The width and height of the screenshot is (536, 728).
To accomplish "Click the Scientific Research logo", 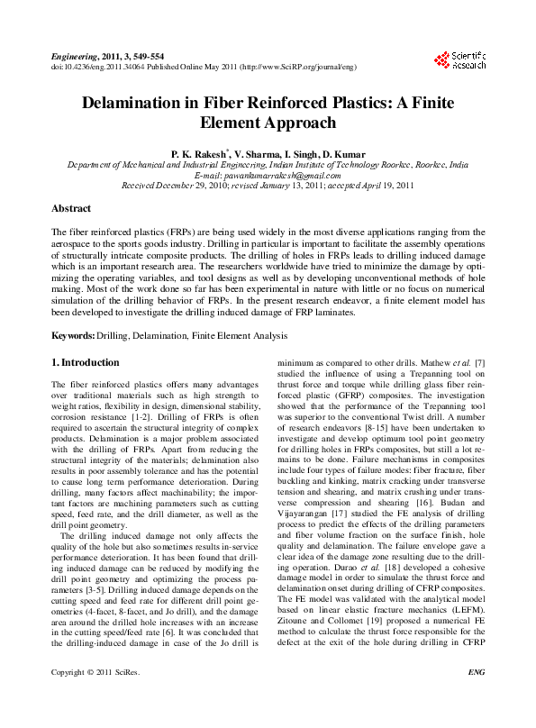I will coord(459,60).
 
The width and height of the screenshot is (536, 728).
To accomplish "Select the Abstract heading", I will coord(71,208).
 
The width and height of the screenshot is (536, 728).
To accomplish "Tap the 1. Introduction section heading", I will coord(85,362).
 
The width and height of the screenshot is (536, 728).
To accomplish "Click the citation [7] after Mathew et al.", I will coord(480,363).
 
